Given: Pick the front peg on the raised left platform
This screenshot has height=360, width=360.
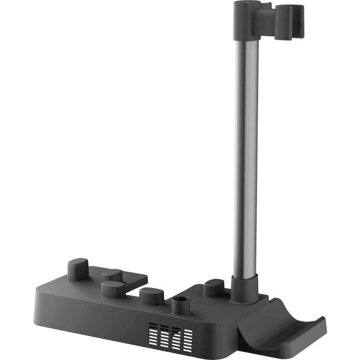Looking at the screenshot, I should [x=112, y=288].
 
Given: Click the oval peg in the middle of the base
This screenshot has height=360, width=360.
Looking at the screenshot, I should [x=151, y=294].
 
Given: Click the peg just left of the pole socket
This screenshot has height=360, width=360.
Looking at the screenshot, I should [x=213, y=287].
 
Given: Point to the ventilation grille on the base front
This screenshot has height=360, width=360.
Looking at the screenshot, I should [x=170, y=334].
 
